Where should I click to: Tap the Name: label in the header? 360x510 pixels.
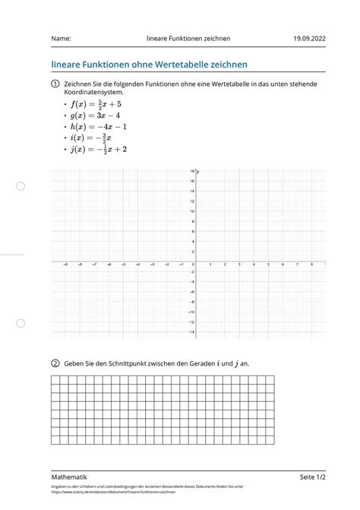(x=62, y=38)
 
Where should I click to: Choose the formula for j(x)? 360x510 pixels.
(x=96, y=150)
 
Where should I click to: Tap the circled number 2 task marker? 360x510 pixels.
(x=55, y=363)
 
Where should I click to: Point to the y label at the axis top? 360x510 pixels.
(x=197, y=172)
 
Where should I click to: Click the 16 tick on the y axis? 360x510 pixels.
(x=192, y=181)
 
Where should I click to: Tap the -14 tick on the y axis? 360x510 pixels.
(x=191, y=332)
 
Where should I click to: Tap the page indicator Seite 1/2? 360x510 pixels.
(x=314, y=477)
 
